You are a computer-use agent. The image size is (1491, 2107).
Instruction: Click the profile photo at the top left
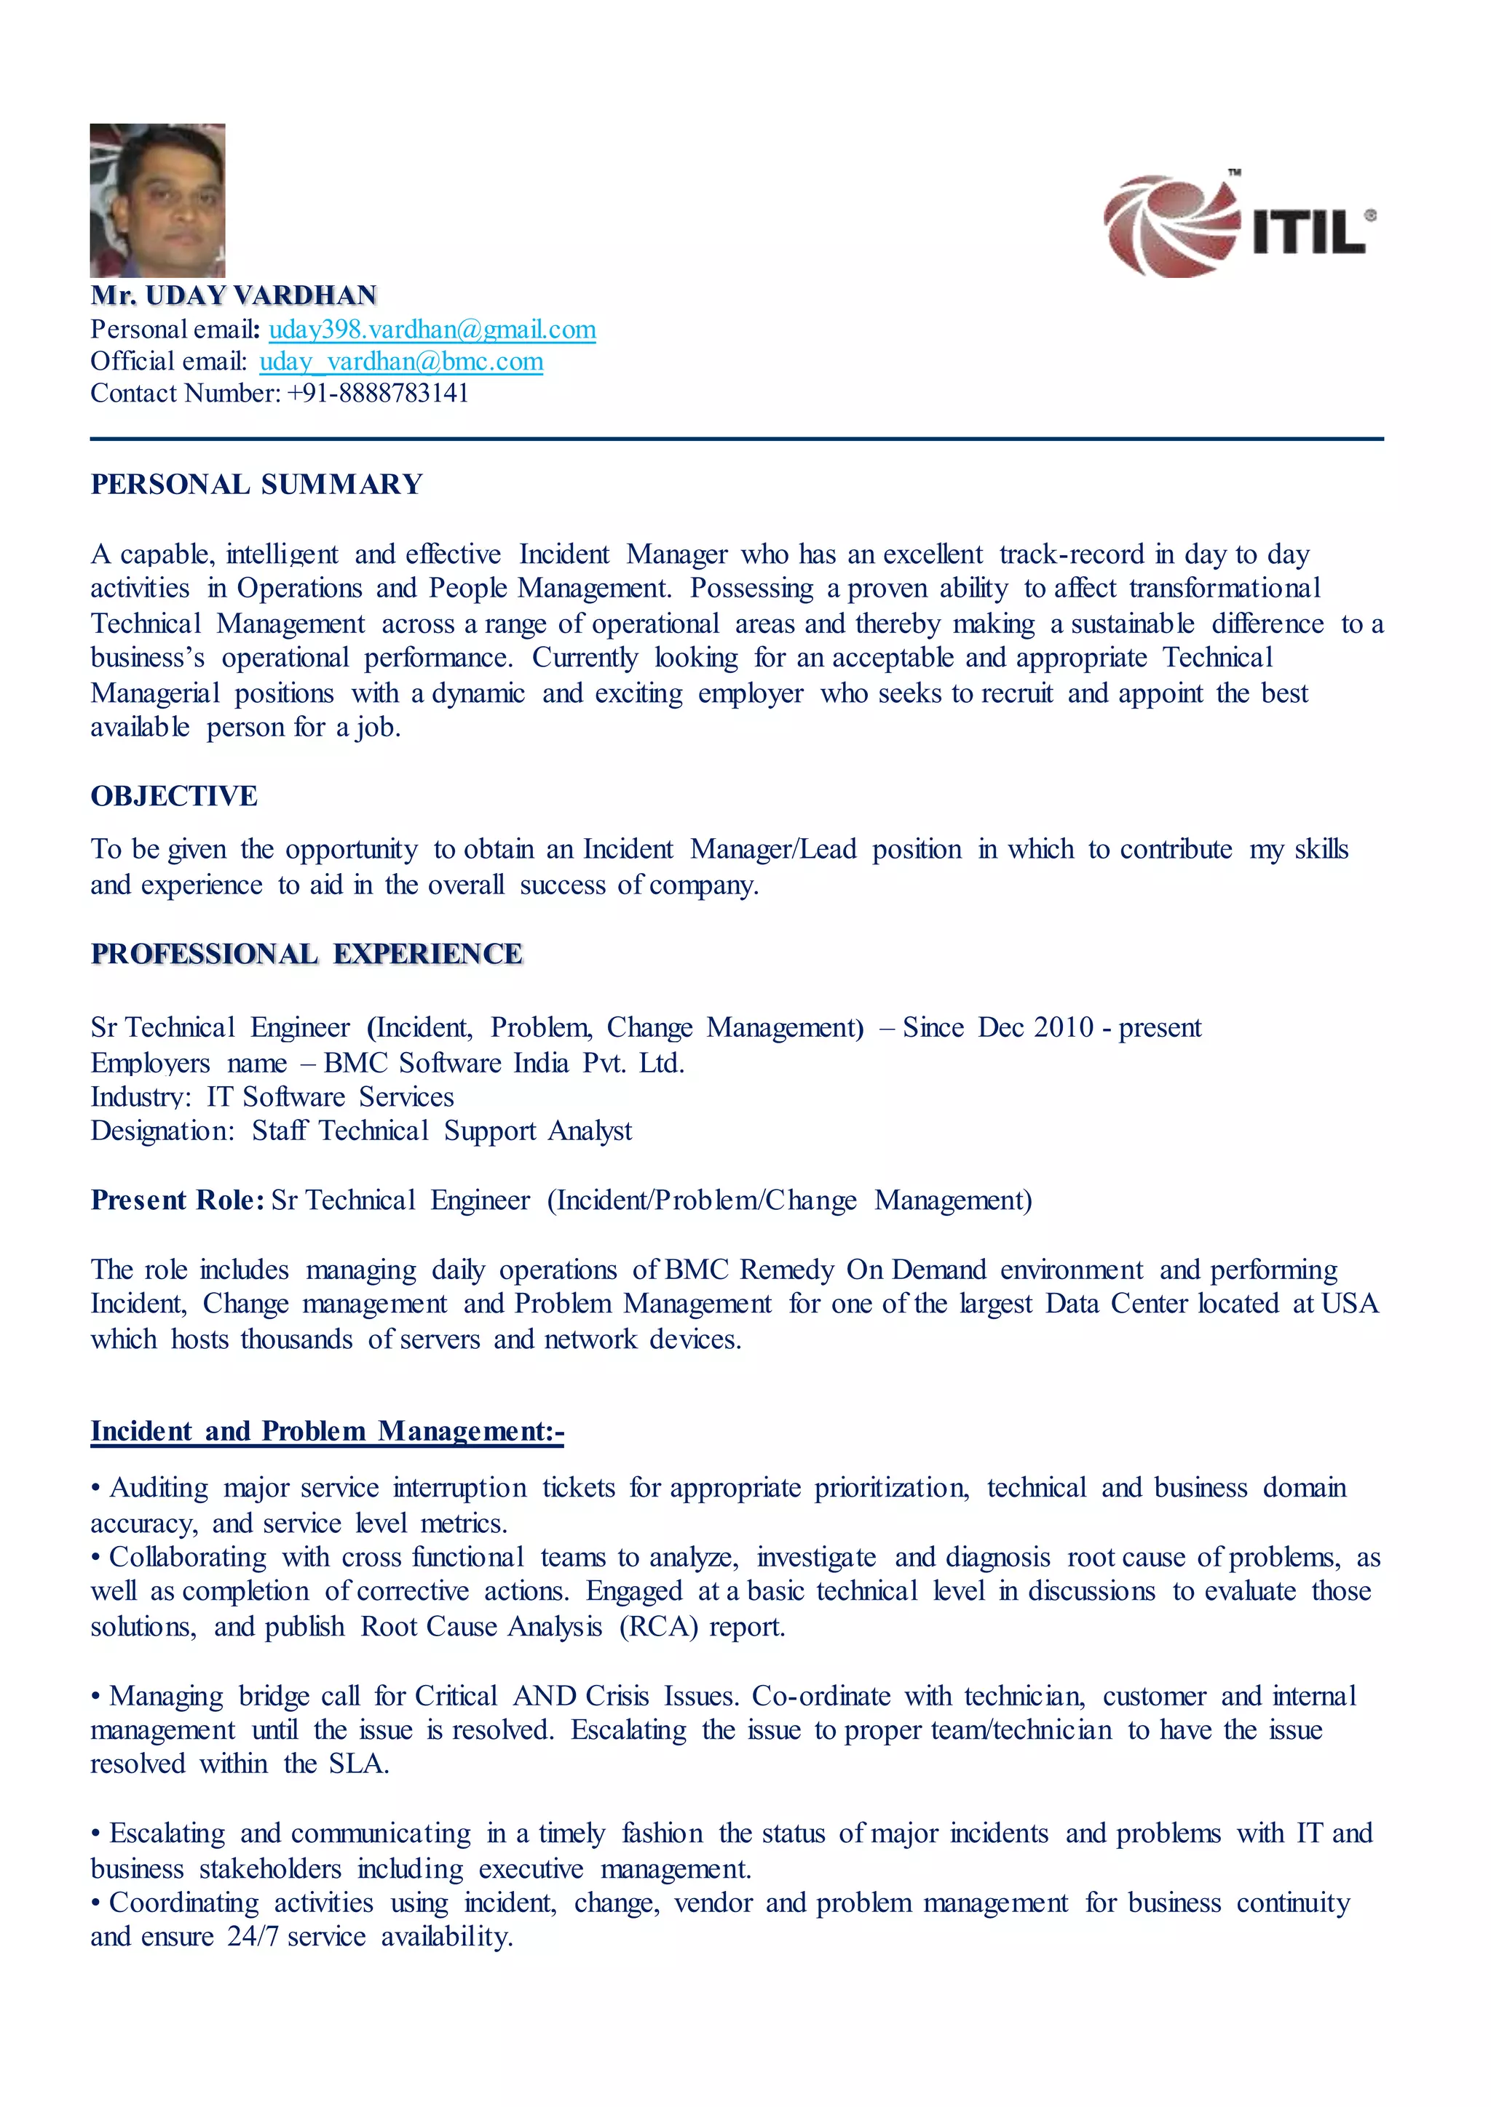pos(157,200)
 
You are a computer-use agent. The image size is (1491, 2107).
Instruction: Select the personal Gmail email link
pos(432,330)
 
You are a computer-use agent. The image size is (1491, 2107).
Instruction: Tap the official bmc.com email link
pos(401,362)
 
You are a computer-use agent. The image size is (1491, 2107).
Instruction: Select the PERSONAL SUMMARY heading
pos(256,485)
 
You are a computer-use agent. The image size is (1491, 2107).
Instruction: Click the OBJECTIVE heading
pos(173,796)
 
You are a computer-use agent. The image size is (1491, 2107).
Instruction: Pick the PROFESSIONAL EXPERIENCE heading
pos(306,955)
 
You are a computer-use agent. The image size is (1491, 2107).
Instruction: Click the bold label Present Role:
pos(177,1200)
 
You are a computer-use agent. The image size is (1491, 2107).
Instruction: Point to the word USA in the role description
pos(1350,1304)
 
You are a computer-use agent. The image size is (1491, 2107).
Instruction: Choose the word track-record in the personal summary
pos(1072,554)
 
